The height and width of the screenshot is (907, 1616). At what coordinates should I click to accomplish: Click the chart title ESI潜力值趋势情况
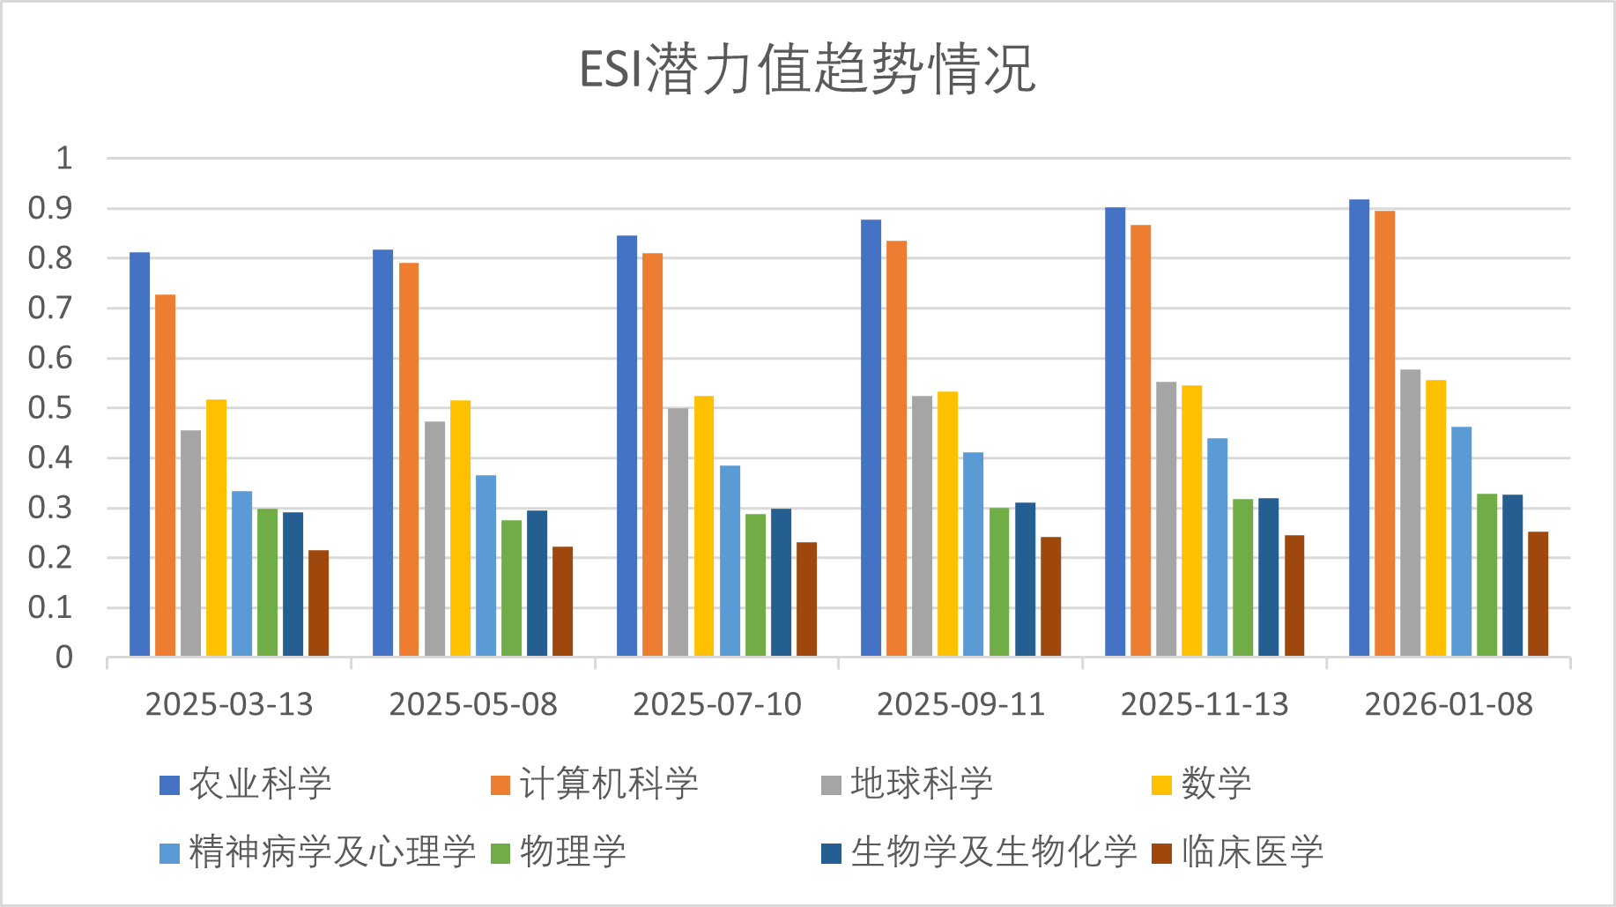click(x=807, y=69)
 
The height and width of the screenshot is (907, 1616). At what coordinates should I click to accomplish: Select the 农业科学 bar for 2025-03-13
click(x=139, y=454)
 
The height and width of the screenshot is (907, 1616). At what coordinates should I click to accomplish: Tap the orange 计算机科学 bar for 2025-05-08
click(x=409, y=459)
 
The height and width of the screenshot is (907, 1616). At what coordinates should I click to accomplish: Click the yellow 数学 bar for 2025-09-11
click(x=947, y=524)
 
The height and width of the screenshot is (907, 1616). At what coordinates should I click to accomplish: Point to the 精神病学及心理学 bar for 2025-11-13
click(x=1217, y=546)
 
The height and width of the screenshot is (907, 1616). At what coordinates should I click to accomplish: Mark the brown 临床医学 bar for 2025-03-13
click(x=318, y=603)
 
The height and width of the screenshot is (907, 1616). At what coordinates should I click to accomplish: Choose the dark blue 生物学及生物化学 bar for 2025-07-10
click(x=781, y=582)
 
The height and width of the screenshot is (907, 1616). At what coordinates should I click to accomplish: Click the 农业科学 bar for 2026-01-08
click(x=1359, y=427)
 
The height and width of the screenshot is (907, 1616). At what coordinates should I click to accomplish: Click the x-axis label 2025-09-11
click(x=960, y=704)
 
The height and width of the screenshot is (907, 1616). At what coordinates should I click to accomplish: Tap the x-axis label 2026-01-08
click(x=1449, y=704)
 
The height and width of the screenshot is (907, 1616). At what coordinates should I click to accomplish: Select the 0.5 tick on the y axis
click(x=50, y=408)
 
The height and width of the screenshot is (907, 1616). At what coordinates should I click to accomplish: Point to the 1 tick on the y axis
click(x=63, y=159)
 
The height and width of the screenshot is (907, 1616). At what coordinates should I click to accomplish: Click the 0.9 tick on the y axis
click(x=50, y=209)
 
